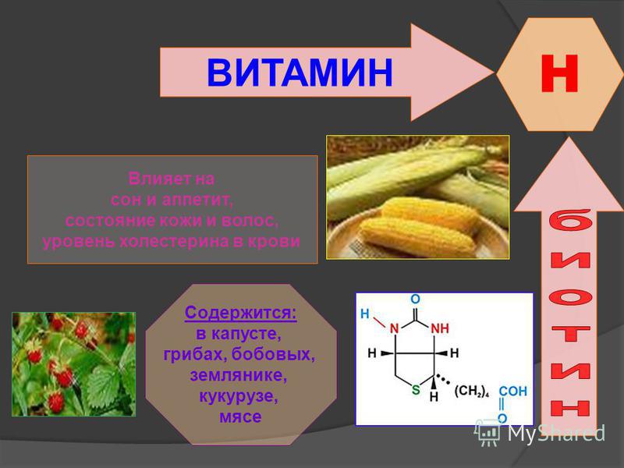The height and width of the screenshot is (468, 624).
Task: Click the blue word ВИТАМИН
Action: click(x=300, y=72)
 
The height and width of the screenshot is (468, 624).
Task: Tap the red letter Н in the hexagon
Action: click(x=559, y=73)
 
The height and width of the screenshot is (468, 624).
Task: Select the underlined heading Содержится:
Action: click(x=241, y=313)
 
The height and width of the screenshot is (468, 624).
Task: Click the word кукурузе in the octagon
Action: click(x=239, y=396)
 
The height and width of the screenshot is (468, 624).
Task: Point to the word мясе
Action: click(x=240, y=417)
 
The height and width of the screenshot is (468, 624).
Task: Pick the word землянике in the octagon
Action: click(x=239, y=375)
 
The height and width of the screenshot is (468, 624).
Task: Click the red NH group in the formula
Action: click(x=440, y=328)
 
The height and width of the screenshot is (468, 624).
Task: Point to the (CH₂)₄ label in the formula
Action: click(x=471, y=392)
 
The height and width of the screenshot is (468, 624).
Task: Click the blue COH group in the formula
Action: click(x=513, y=391)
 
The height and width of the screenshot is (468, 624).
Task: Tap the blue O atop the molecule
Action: click(x=415, y=299)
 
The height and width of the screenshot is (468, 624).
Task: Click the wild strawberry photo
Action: click(x=73, y=364)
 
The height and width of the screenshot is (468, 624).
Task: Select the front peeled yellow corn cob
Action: click(x=419, y=238)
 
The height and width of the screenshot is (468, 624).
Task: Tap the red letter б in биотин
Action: click(x=570, y=223)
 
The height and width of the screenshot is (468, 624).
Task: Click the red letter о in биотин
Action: click(x=570, y=298)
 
